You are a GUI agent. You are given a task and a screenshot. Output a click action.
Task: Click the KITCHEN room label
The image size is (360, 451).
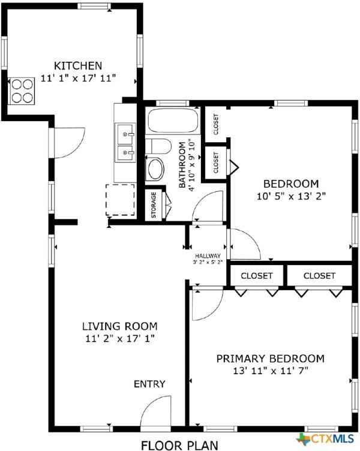click(x=78, y=65)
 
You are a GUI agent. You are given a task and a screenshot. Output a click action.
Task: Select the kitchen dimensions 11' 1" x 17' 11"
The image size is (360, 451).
click(x=78, y=78)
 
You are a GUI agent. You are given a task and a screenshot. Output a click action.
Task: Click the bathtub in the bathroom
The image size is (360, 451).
click(x=173, y=121)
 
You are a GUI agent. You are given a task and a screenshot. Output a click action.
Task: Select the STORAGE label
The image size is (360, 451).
click(x=154, y=205)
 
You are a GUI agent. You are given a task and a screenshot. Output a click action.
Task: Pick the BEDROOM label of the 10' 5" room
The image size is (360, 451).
click(x=291, y=184)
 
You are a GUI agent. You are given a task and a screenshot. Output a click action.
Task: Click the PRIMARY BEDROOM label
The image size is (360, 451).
click(x=270, y=359)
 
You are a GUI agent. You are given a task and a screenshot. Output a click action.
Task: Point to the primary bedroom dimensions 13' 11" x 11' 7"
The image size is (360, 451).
click(x=270, y=371)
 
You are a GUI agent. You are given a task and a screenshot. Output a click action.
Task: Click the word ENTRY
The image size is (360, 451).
click(x=149, y=384)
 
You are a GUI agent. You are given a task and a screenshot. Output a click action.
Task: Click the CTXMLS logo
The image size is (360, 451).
click(x=326, y=440)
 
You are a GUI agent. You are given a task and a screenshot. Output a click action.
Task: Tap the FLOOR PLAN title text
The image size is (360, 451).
click(x=180, y=444)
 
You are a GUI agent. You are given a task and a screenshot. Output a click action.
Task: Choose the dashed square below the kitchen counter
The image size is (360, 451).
click(x=120, y=200)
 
